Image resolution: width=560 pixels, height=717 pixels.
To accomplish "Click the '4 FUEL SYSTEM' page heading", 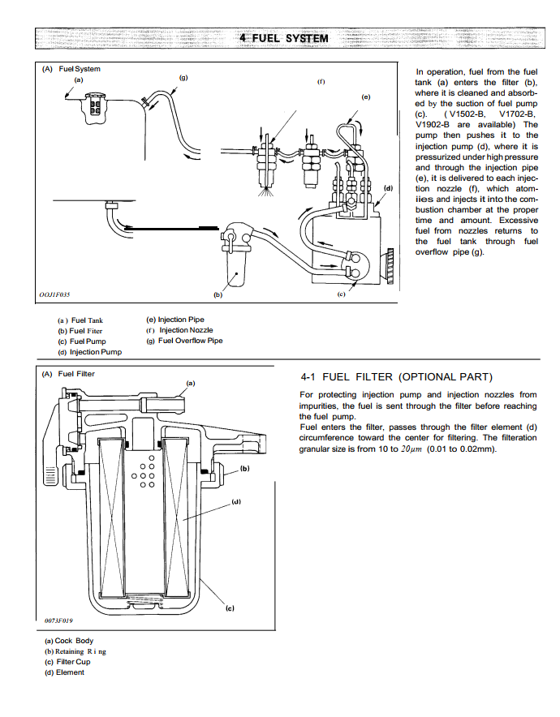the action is tap(284, 38).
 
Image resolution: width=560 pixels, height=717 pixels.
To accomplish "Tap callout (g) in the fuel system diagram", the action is tap(183, 78).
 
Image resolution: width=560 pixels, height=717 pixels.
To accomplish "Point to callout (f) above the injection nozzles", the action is tap(321, 81).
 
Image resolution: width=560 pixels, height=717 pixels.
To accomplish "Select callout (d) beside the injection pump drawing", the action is tap(389, 188).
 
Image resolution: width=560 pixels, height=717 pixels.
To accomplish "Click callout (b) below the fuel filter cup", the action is tap(218, 294).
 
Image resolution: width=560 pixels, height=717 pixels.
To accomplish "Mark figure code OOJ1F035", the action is tap(54, 294).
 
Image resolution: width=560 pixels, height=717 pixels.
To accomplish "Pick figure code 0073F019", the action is tap(58, 620).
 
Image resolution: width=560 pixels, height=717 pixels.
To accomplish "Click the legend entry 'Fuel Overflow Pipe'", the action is tap(191, 341).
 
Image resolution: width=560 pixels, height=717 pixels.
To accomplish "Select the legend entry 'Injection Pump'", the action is tap(96, 352).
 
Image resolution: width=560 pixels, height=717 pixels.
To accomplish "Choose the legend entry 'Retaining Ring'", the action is tap(80, 651).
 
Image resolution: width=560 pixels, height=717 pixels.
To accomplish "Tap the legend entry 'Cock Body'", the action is tap(74, 641).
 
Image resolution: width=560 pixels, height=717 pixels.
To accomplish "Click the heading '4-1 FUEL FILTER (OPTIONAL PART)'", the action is tap(397, 377).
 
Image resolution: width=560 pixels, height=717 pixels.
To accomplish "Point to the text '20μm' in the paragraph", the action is tap(411, 449).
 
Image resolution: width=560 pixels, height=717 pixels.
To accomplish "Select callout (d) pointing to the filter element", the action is tap(236, 501).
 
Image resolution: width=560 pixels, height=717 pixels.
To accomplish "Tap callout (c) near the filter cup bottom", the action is tap(230, 608).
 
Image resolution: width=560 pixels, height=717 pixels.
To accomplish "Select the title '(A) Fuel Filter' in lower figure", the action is tap(68, 374).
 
